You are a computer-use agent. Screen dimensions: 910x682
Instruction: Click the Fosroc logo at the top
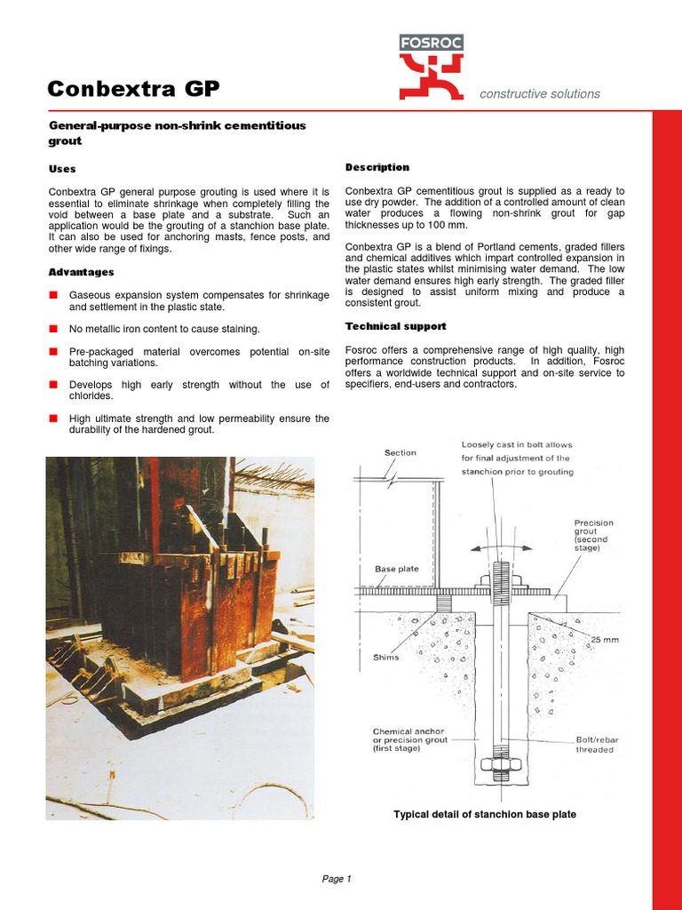point(431,67)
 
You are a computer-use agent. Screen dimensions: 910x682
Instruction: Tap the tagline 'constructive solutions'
point(539,94)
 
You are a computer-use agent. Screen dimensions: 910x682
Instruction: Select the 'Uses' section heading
point(61,169)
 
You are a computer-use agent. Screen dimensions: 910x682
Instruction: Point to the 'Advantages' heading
point(81,272)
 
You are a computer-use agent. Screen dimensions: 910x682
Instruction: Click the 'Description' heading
point(377,167)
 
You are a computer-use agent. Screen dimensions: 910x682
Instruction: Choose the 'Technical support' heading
point(395,326)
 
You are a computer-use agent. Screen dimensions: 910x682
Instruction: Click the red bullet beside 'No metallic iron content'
point(53,329)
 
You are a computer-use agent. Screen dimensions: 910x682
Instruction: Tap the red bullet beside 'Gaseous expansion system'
point(53,295)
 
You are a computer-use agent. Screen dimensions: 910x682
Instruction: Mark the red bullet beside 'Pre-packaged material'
point(53,352)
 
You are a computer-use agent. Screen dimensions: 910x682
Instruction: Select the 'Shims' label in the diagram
point(387,658)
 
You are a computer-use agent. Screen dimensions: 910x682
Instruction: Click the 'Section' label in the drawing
point(400,453)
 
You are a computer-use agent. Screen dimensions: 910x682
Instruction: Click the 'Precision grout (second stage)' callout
point(594,535)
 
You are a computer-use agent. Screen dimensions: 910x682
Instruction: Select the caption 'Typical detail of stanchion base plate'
point(485,815)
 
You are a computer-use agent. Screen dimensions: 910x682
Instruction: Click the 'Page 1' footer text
point(337,879)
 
